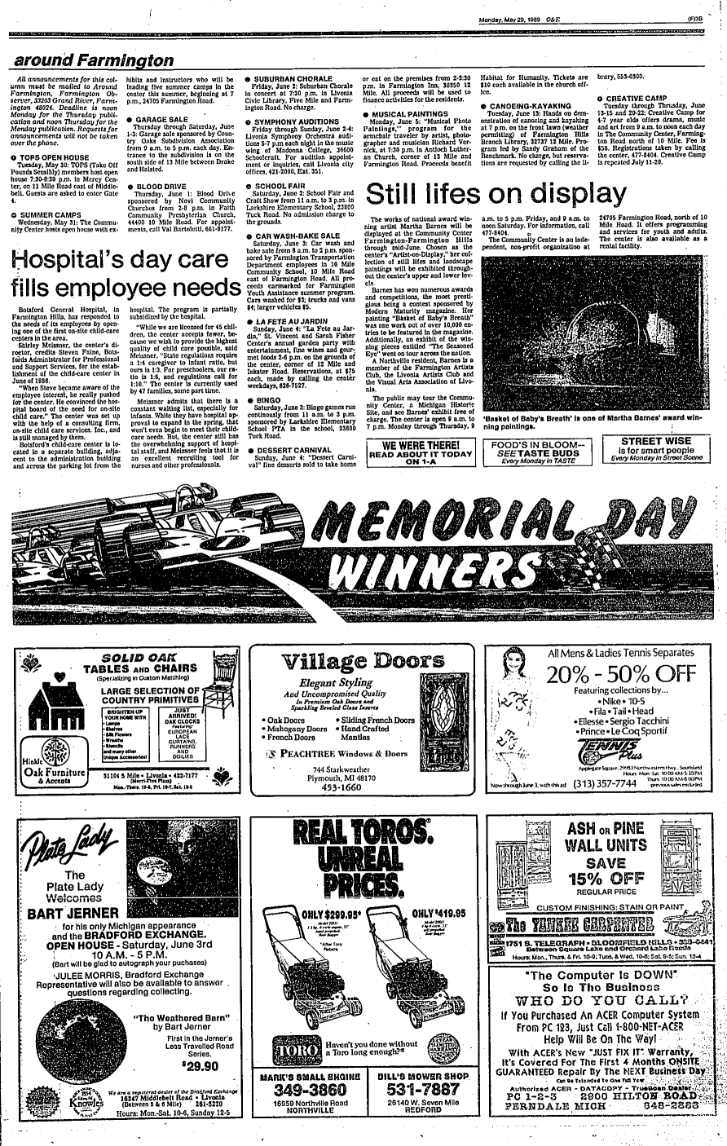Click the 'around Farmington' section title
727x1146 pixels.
pos(93,61)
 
